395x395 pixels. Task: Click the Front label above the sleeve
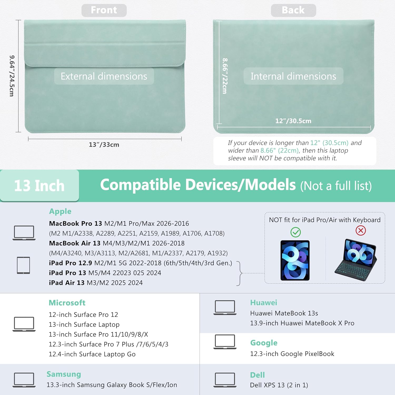click(104, 10)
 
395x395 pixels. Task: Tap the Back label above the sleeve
click(293, 10)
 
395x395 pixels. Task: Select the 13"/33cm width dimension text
click(104, 145)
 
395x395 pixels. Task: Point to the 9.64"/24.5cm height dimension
click(12, 76)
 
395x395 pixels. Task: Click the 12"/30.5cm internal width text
click(293, 121)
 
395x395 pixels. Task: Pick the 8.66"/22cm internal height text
click(225, 76)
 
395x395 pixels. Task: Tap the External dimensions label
click(104, 76)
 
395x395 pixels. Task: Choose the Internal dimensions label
click(293, 76)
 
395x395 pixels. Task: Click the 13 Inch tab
click(39, 186)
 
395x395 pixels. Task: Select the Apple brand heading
click(60, 211)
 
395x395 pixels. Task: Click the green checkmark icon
click(295, 232)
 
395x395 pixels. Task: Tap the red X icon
click(361, 230)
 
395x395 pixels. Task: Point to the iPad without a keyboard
click(295, 260)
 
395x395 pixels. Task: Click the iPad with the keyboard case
click(356, 260)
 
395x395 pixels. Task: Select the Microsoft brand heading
click(67, 303)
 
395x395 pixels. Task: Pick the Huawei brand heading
click(264, 303)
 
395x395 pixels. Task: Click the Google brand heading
click(264, 343)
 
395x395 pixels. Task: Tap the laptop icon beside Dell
click(225, 380)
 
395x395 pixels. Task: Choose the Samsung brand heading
click(64, 374)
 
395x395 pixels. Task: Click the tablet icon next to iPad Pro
click(23, 265)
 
